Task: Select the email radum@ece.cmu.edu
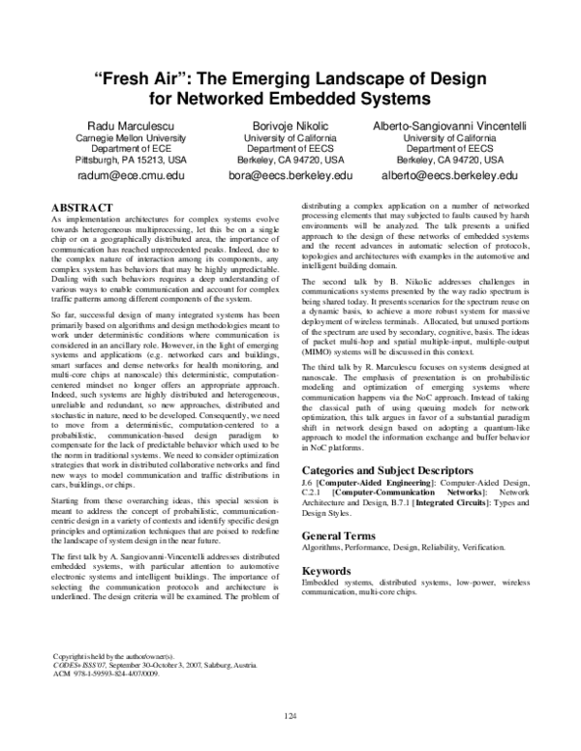117,176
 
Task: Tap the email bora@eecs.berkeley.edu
290,176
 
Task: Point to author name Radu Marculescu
118,125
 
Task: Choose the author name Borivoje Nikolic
290,125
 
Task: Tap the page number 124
290,715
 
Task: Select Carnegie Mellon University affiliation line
118,137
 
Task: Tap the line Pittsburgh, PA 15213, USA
118,160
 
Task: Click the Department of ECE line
118,148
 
